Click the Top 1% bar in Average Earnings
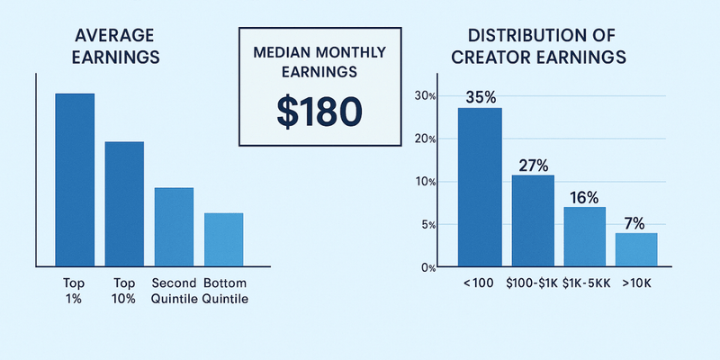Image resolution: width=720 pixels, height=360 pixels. [75, 176]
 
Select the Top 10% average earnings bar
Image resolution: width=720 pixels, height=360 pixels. [124, 201]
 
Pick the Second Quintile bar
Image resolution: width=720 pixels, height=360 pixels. [174, 223]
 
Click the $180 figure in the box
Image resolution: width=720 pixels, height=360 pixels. [319, 110]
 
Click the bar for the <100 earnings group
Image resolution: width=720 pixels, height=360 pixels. [480, 187]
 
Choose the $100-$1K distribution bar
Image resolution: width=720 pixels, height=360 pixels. [533, 220]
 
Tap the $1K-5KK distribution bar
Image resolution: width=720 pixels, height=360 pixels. [585, 237]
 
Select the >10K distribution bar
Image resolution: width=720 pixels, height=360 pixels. [636, 249]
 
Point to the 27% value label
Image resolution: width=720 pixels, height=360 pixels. [534, 166]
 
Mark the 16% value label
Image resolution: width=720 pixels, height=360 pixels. [585, 197]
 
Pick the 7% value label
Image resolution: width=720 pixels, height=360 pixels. [636, 223]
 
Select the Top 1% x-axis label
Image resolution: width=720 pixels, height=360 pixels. [75, 291]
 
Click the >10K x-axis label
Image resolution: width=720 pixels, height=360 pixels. [637, 283]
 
